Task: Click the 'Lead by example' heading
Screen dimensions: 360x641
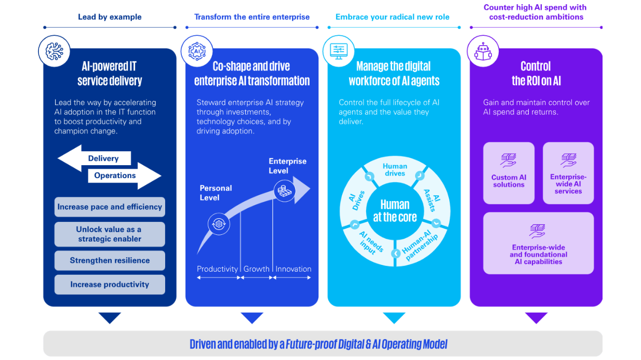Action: click(x=110, y=17)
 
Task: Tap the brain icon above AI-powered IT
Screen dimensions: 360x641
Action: click(x=55, y=51)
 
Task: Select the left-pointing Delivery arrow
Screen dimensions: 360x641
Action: click(x=94, y=158)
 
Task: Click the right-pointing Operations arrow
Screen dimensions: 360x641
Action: click(x=125, y=176)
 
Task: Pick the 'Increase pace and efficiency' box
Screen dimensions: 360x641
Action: click(x=110, y=207)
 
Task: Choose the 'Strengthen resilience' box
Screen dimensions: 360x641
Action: click(x=110, y=260)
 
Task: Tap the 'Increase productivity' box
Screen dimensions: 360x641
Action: click(x=110, y=284)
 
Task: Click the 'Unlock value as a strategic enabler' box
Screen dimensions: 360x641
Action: click(x=110, y=234)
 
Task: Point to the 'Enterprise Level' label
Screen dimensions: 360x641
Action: click(x=287, y=166)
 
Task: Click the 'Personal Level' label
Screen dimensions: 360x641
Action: click(x=216, y=193)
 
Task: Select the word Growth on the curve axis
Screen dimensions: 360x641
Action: click(x=256, y=269)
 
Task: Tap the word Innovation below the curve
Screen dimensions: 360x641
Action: click(x=293, y=269)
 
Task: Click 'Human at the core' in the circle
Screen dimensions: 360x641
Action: click(x=395, y=211)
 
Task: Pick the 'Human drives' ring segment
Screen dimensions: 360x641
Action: click(x=395, y=170)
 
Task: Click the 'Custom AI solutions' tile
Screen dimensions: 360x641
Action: click(x=509, y=173)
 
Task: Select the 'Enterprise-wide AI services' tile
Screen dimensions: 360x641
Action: click(x=568, y=173)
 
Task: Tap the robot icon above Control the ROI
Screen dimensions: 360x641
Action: click(x=483, y=51)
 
